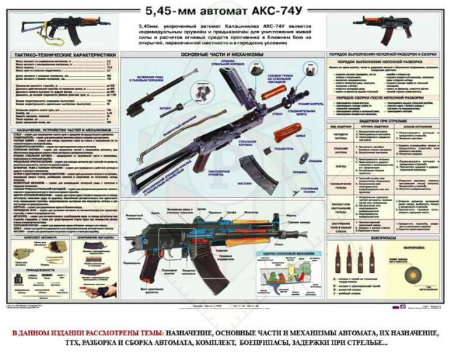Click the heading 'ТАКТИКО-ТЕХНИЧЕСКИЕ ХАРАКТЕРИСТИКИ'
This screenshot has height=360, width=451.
click(66, 54)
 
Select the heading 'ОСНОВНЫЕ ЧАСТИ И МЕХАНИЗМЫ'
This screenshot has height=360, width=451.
click(221, 55)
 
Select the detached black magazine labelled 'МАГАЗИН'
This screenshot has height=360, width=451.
click(249, 165)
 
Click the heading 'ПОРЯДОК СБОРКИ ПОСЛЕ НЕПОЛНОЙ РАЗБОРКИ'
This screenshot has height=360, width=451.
click(384, 97)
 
